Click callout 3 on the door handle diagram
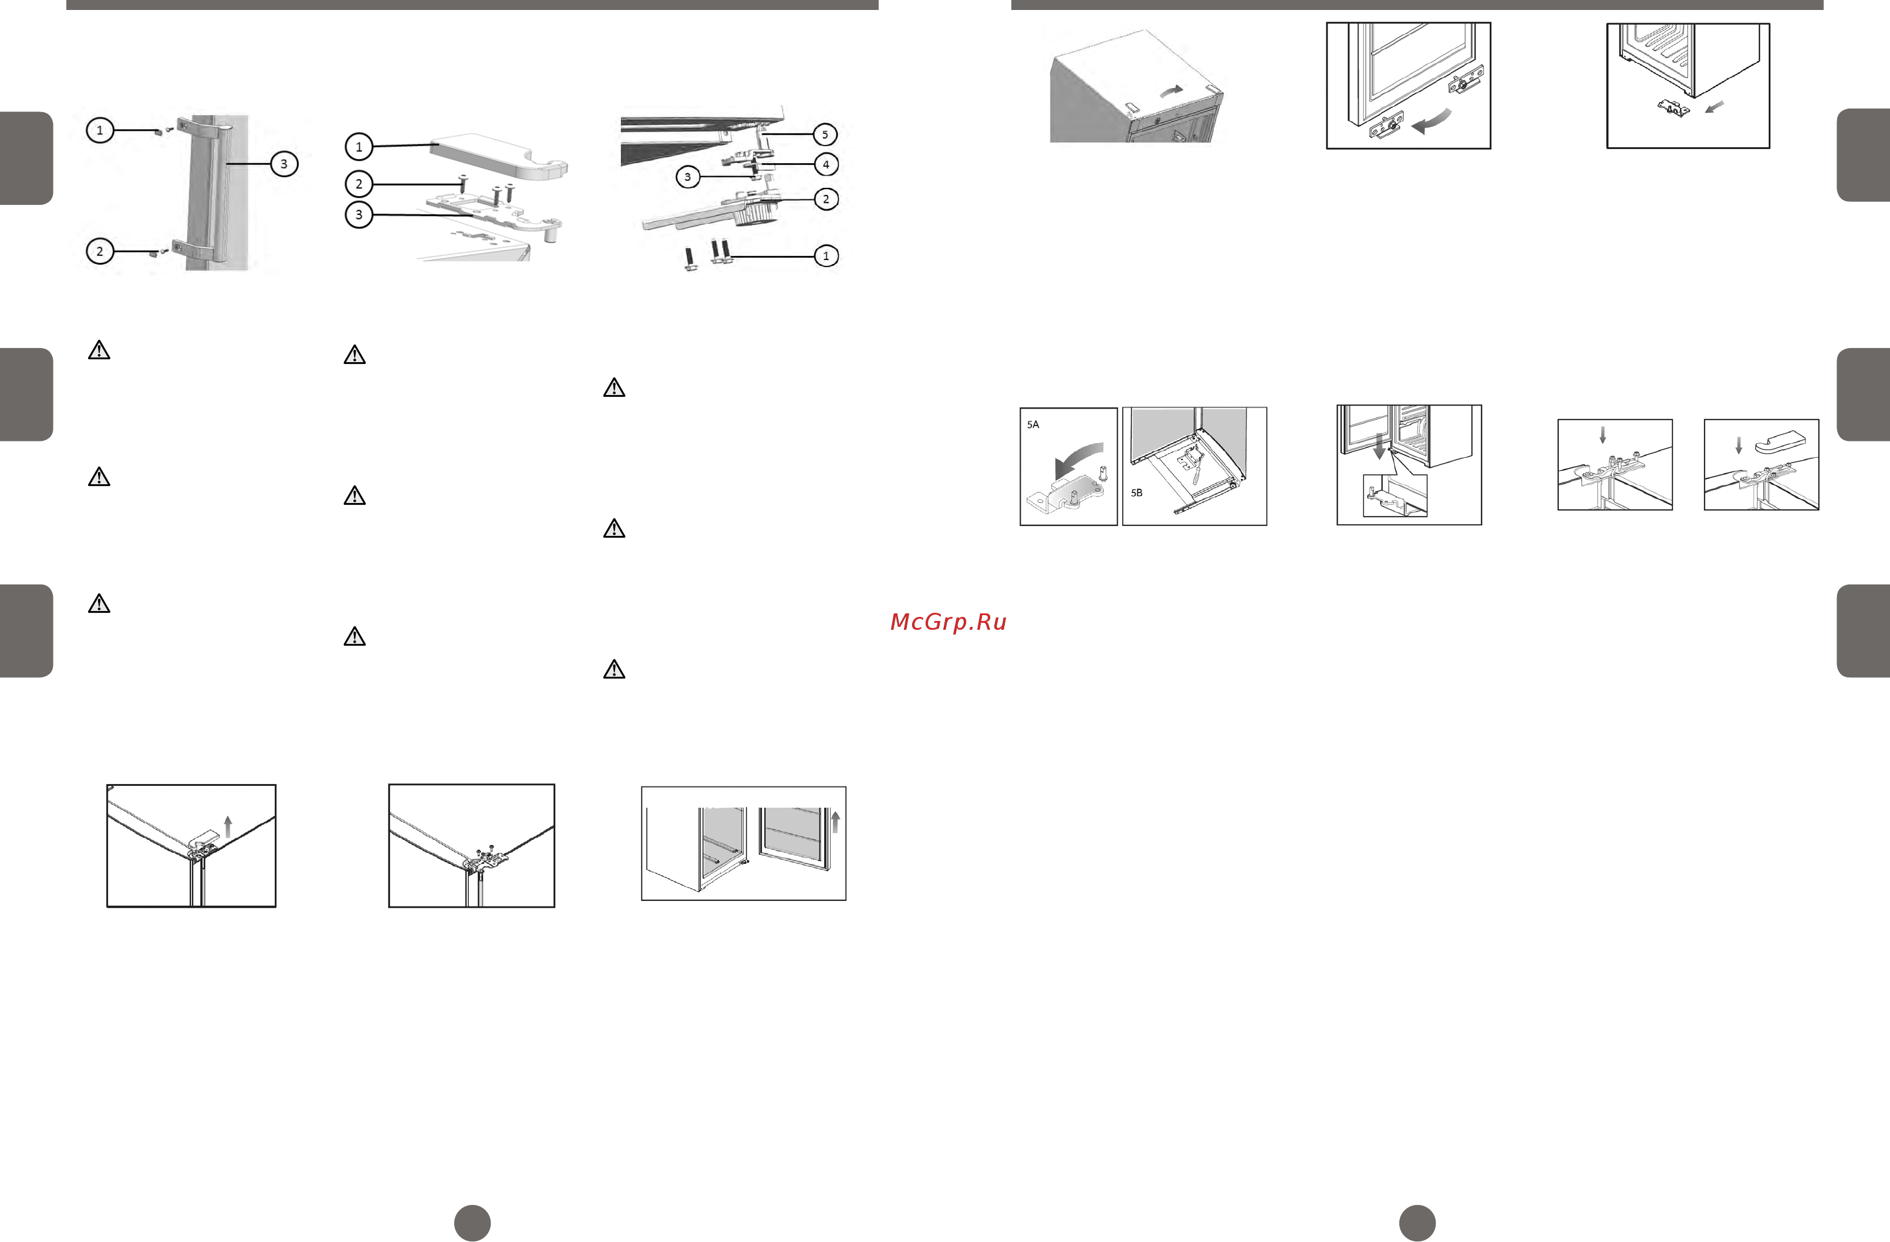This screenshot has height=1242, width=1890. click(283, 164)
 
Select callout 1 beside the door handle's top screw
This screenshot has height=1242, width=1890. click(99, 130)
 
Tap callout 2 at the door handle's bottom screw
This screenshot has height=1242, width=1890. click(99, 252)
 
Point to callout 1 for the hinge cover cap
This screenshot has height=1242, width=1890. click(359, 147)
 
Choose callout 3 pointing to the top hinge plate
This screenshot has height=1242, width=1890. click(359, 214)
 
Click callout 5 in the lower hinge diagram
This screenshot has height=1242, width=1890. click(825, 134)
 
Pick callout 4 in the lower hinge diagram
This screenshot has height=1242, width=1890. click(826, 164)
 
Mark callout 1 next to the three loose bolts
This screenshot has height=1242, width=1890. click(826, 256)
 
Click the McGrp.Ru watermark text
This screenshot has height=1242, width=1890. click(948, 622)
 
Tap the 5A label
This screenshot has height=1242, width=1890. click(1033, 425)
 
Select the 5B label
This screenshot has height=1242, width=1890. click(1136, 493)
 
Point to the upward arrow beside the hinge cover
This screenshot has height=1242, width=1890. click(228, 826)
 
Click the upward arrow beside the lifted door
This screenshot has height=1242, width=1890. click(835, 821)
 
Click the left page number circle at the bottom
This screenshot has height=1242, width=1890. click(473, 1223)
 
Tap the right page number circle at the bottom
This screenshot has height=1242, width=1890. click(1418, 1223)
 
